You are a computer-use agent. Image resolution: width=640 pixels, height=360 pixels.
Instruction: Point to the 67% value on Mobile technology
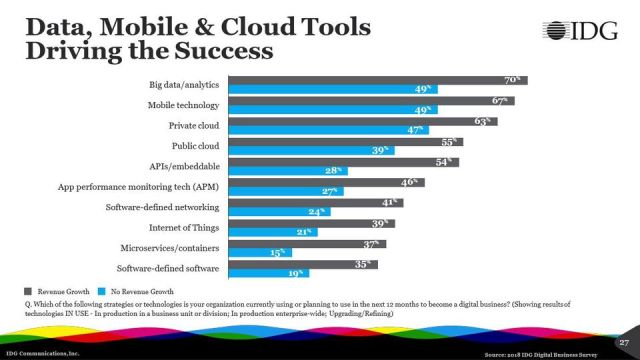click(502, 101)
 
